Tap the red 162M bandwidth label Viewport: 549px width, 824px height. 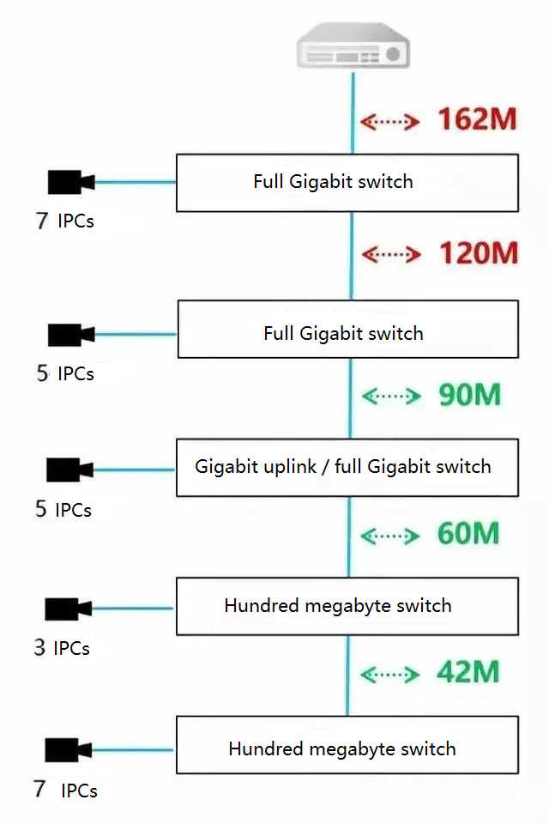(x=478, y=119)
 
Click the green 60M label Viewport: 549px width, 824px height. (x=468, y=534)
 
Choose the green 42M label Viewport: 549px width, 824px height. (x=468, y=672)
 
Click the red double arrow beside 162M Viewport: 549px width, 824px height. (x=389, y=122)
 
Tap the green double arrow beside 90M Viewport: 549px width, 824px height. (x=391, y=396)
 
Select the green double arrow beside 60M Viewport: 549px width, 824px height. (x=391, y=536)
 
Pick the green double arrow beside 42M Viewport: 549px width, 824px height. (x=391, y=674)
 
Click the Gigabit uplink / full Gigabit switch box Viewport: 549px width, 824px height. (x=347, y=468)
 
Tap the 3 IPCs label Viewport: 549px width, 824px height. (x=62, y=648)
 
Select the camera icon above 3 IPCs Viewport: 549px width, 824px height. (x=69, y=609)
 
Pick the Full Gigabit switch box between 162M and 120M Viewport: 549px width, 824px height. (x=347, y=183)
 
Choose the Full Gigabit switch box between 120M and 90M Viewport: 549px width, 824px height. (x=347, y=329)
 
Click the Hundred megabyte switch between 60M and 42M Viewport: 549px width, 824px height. (x=347, y=606)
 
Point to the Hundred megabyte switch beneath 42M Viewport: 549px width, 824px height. (x=347, y=745)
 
